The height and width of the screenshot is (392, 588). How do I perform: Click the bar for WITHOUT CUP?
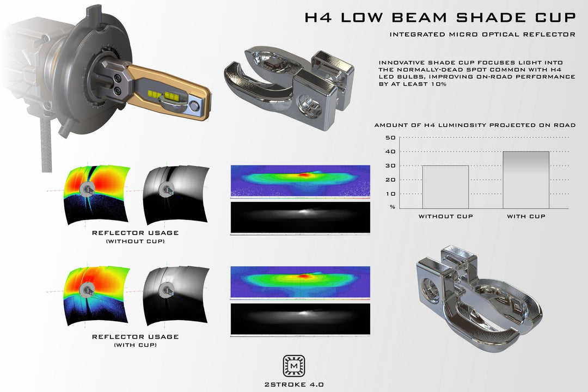pos(445,186)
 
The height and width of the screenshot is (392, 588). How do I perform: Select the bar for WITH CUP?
pos(526,180)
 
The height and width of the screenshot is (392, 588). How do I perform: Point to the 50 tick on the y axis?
pos(390,137)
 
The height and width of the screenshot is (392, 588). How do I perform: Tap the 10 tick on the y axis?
pos(390,194)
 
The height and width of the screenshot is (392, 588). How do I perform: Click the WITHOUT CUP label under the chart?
pos(445,217)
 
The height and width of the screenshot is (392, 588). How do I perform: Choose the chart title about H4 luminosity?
pos(475,125)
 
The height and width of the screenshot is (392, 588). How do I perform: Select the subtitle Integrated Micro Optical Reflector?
pos(482,35)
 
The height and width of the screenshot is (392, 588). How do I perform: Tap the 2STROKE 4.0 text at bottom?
pos(294,383)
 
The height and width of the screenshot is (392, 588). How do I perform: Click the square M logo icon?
pos(294,366)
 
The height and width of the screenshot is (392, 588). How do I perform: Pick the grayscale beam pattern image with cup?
pos(300,318)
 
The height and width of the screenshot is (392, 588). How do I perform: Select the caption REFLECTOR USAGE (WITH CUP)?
pos(135,341)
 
